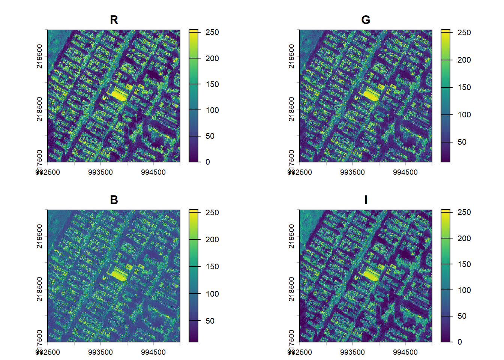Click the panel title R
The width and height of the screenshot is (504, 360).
114,20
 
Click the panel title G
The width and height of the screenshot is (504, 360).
366,20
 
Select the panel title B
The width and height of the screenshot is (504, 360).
114,200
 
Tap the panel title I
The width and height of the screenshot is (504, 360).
366,200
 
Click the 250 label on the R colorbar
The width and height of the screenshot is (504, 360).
212,32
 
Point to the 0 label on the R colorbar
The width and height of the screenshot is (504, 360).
208,162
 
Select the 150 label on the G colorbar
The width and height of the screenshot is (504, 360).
464,87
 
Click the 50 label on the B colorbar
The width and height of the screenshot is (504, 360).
210,321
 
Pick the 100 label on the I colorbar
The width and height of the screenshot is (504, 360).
464,290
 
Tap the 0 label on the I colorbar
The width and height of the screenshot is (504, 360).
460,342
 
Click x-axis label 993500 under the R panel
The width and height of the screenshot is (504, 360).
100,172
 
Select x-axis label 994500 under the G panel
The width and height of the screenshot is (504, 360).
405,172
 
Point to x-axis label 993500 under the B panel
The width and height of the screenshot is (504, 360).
100,352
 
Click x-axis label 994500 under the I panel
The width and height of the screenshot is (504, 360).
405,352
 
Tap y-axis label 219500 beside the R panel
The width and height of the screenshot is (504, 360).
39,56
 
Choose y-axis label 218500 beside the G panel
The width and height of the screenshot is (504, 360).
291,109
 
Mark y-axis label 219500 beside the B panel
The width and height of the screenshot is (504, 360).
39,236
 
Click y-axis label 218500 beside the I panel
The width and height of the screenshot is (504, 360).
291,289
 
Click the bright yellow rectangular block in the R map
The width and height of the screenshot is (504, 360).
119,94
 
